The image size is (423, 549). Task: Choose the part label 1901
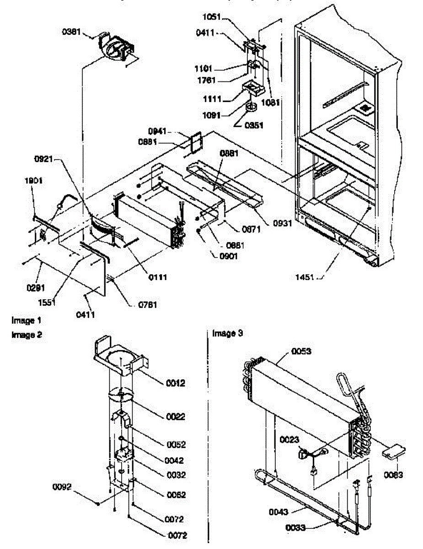33,181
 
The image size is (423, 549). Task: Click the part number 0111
157,277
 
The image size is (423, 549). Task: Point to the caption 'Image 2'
27,335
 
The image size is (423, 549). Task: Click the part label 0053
301,351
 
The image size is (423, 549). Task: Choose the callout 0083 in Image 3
393,475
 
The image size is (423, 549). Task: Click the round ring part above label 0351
251,108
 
